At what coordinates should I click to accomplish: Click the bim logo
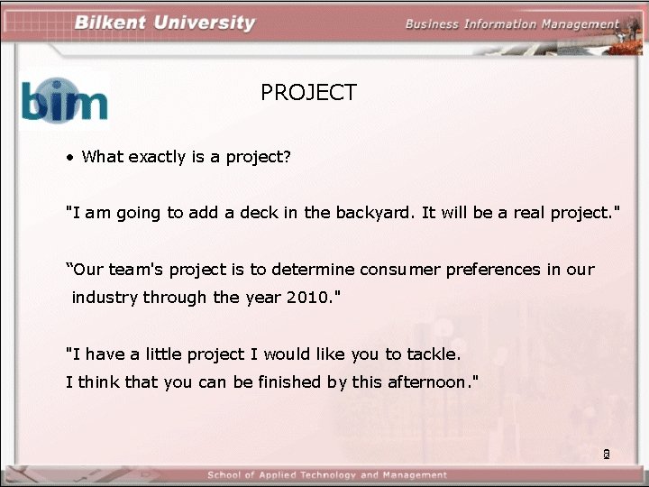tap(64, 99)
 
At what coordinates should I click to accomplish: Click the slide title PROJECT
tap(308, 93)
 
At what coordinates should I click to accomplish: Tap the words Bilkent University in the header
tap(165, 23)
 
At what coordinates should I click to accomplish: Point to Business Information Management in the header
tap(512, 24)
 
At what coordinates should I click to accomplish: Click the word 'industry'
tap(104, 298)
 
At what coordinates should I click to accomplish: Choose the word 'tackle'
tap(432, 354)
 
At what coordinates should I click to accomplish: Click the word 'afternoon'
tap(425, 381)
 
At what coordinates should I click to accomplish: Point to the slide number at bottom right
tap(607, 455)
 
